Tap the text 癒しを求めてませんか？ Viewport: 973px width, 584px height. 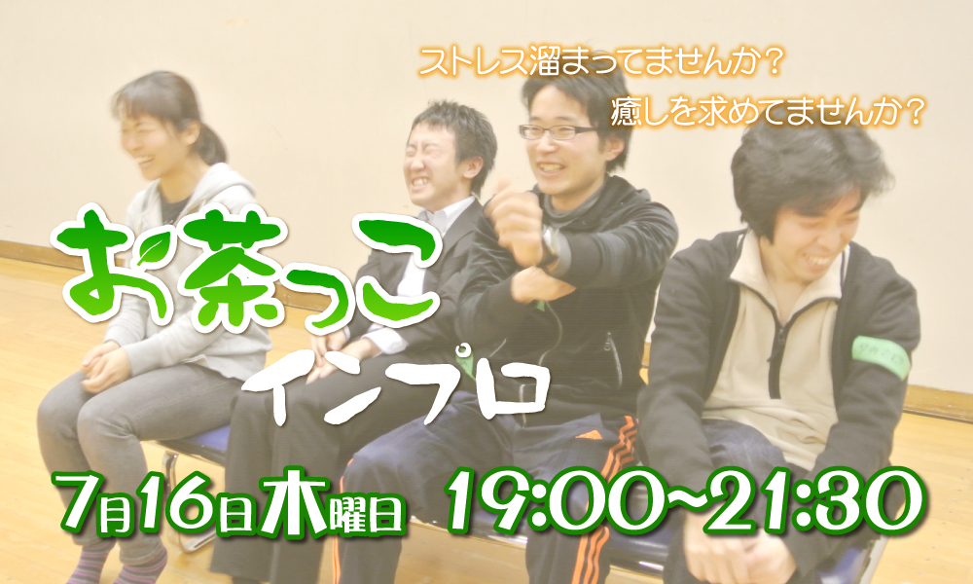pos(768,112)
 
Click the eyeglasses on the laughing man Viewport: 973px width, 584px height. pos(556,131)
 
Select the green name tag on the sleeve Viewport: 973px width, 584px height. pos(881,357)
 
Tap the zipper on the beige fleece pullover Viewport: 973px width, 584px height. pos(775,347)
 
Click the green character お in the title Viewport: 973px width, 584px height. pos(99,264)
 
